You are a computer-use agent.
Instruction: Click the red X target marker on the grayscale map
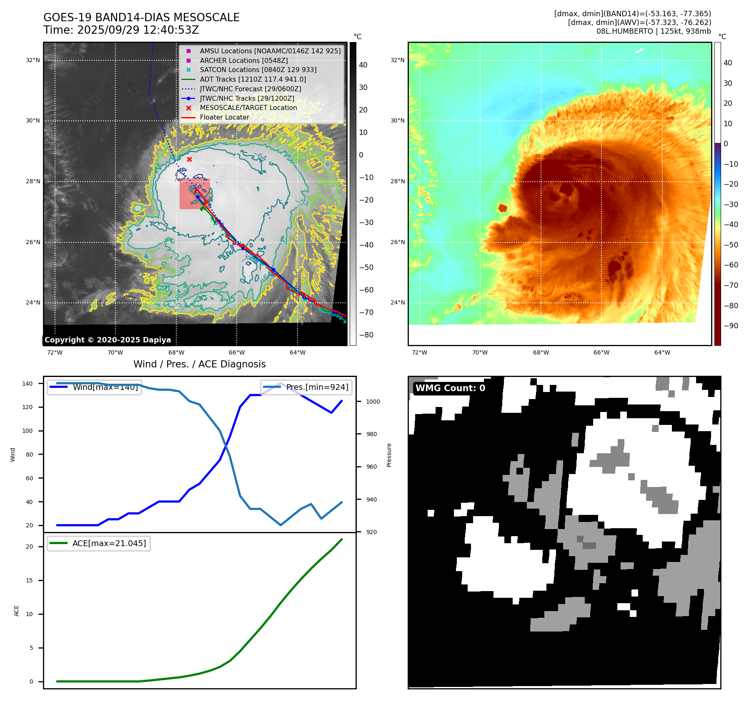tap(189, 160)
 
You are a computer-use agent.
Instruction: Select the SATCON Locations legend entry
tap(258, 70)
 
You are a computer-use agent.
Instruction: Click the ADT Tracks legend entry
tap(253, 79)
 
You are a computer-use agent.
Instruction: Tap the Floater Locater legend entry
tap(224, 117)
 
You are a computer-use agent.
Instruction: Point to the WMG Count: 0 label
tap(450, 388)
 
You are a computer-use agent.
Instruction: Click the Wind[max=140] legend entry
tap(105, 387)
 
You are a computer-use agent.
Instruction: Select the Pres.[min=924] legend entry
tap(317, 387)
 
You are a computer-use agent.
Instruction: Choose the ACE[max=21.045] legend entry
tap(109, 543)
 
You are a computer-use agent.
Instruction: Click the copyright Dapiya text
tap(108, 340)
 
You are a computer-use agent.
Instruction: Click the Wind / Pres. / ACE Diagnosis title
tap(199, 364)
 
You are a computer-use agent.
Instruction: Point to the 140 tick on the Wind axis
tap(28, 384)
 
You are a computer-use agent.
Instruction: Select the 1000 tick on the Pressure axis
tap(373, 402)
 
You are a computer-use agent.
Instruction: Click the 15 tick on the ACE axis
tap(29, 581)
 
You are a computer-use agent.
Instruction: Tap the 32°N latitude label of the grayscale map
tap(33, 60)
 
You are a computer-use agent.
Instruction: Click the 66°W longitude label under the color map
tap(601, 353)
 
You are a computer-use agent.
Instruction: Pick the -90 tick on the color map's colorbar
tap(731, 326)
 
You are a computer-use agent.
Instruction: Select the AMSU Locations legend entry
tap(270, 51)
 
